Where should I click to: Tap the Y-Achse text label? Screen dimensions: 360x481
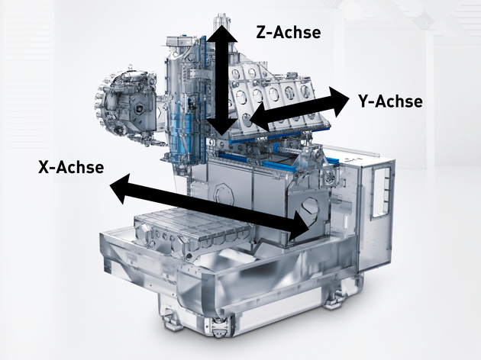pos(389,100)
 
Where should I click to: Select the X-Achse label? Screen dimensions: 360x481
pos(70,166)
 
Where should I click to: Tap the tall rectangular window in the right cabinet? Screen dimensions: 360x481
pos(379,191)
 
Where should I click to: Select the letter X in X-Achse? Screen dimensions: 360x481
pos(44,166)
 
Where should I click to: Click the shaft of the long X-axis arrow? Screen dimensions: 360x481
pos(206,204)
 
